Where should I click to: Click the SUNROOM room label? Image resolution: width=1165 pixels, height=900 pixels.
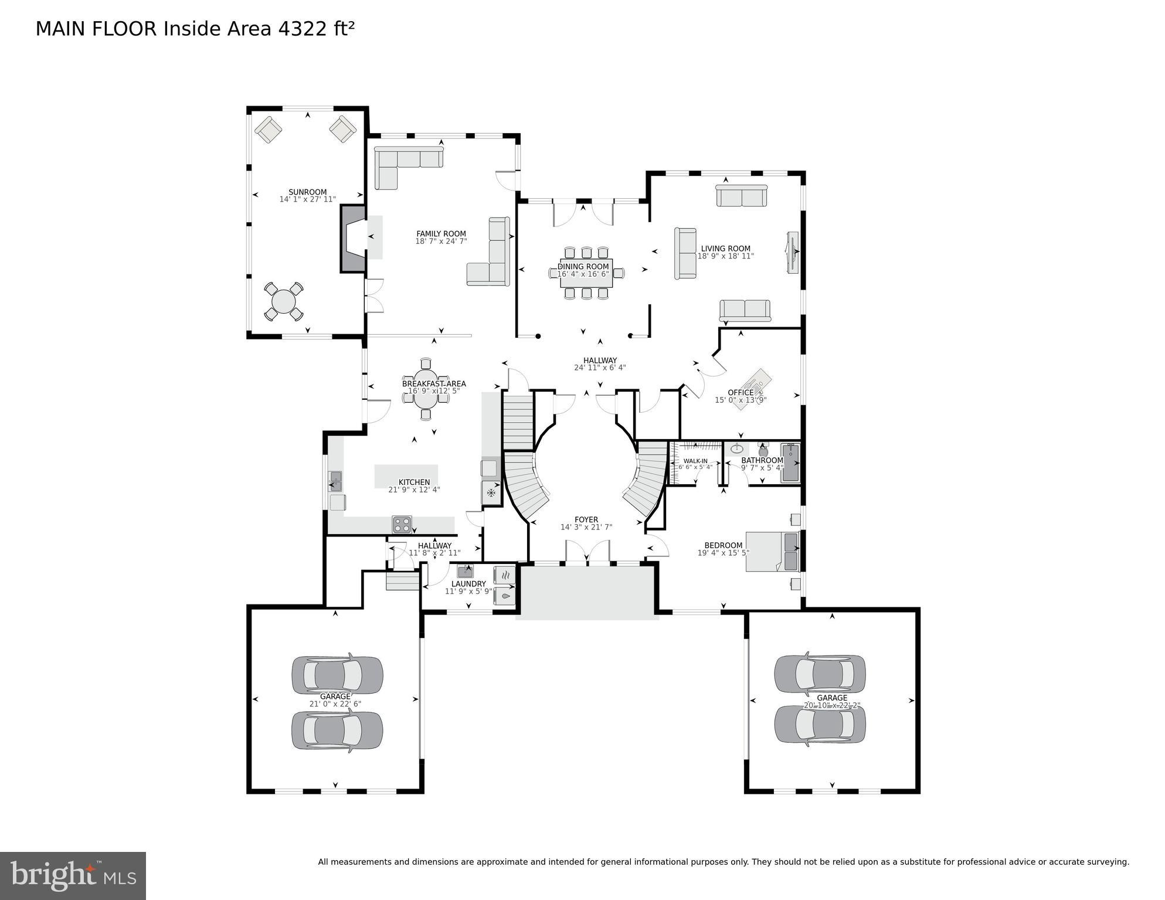point(307,192)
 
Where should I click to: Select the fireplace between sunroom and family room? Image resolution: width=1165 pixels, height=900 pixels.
point(353,238)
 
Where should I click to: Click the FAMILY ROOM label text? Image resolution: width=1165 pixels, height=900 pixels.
point(441,234)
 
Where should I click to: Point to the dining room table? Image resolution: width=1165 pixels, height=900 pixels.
point(586,273)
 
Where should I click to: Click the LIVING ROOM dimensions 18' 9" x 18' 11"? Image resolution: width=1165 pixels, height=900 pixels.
point(725,256)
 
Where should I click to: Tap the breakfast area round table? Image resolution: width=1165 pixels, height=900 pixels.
point(426,389)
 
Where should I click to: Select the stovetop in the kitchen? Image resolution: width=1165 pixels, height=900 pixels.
point(402,524)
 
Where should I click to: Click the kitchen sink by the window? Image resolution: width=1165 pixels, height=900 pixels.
point(335,481)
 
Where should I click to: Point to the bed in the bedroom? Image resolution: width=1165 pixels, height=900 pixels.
point(771,552)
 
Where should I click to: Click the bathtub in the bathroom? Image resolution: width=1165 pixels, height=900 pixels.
point(790,463)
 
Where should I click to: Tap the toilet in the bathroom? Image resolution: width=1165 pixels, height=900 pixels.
point(763,450)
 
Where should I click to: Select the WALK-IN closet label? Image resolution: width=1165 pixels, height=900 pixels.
point(695,461)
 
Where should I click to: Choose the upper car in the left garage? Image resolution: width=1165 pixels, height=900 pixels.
point(337,675)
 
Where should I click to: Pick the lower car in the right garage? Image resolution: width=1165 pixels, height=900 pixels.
point(820,725)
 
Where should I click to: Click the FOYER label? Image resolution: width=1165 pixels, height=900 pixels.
point(586,520)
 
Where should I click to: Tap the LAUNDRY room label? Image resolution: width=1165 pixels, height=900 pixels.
point(468,584)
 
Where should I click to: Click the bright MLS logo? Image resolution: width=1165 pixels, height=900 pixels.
point(73,876)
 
